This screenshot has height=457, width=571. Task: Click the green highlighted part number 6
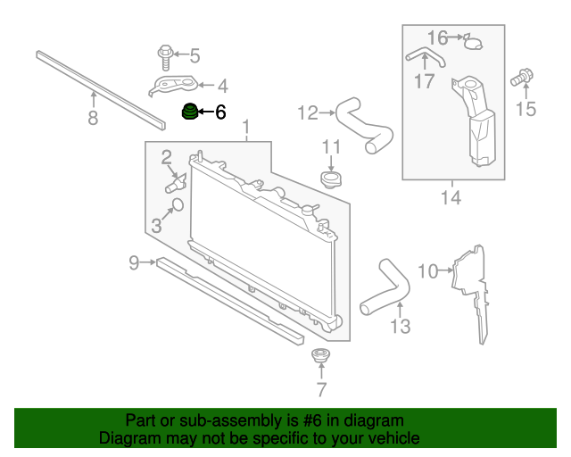[188, 113]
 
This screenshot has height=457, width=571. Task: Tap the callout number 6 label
[219, 112]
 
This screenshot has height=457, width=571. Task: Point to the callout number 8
[93, 118]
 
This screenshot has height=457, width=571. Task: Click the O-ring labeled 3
[176, 206]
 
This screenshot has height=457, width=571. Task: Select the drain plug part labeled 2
[175, 184]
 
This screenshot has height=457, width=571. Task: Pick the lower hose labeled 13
[385, 286]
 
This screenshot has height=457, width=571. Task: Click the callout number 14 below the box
[451, 197]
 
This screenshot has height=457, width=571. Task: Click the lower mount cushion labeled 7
[321, 358]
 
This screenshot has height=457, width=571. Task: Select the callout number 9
[134, 262]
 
